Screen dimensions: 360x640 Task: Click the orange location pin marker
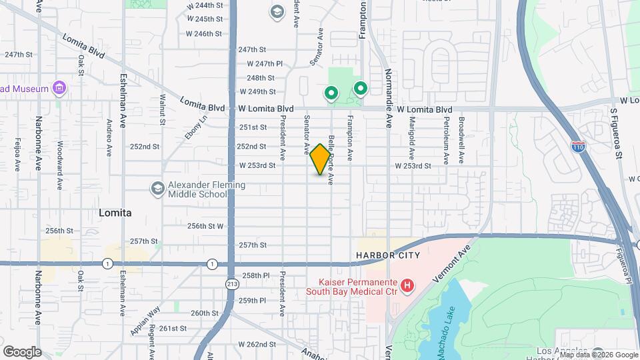321,159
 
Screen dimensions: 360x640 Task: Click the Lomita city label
115,213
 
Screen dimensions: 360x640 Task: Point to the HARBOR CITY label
388,255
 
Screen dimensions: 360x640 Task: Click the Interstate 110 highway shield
578,146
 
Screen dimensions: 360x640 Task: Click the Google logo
22,351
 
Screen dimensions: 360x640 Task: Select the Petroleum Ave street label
445,141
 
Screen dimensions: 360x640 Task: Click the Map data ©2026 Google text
599,355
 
